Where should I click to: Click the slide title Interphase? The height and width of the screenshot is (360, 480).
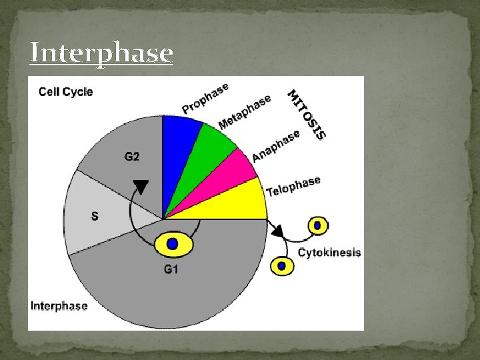pyautogui.click(x=101, y=53)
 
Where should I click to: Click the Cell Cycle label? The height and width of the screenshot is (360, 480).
pyautogui.click(x=65, y=92)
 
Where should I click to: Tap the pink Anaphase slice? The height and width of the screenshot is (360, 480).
pyautogui.click(x=230, y=179)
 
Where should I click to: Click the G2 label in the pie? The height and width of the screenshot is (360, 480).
pyautogui.click(x=132, y=157)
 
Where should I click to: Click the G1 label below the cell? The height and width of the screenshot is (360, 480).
pyautogui.click(x=172, y=269)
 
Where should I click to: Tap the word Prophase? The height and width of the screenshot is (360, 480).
pyautogui.click(x=205, y=98)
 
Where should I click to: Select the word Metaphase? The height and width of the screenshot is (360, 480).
pyautogui.click(x=245, y=111)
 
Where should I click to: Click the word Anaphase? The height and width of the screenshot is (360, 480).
pyautogui.click(x=276, y=146)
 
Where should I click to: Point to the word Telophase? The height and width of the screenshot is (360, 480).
pyautogui.click(x=293, y=186)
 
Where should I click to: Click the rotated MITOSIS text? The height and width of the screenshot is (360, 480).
pyautogui.click(x=307, y=115)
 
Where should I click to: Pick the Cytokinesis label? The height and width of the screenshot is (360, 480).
pyautogui.click(x=329, y=253)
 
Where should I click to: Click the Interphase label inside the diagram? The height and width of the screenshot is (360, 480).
pyautogui.click(x=59, y=306)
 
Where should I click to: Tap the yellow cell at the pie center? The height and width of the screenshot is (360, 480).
pyautogui.click(x=173, y=244)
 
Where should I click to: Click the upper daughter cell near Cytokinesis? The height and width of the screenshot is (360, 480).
pyautogui.click(x=317, y=225)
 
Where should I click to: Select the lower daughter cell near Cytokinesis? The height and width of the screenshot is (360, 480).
pyautogui.click(x=281, y=266)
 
